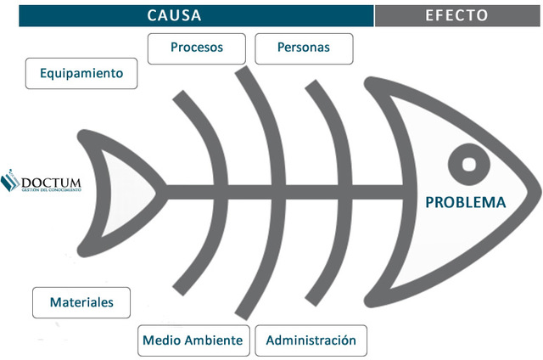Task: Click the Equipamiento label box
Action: click(x=81, y=73)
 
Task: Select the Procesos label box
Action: click(x=197, y=48)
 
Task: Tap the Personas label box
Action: click(x=304, y=48)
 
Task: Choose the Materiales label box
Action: click(x=82, y=302)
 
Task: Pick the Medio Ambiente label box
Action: click(x=193, y=340)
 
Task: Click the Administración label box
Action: click(x=311, y=340)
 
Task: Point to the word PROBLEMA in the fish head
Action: click(x=465, y=202)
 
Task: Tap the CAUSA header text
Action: click(x=175, y=15)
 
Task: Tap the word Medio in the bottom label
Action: click(x=160, y=340)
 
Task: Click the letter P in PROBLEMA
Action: click(x=429, y=203)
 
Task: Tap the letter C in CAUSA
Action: click(x=151, y=15)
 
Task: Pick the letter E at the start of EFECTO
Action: click(x=429, y=15)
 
